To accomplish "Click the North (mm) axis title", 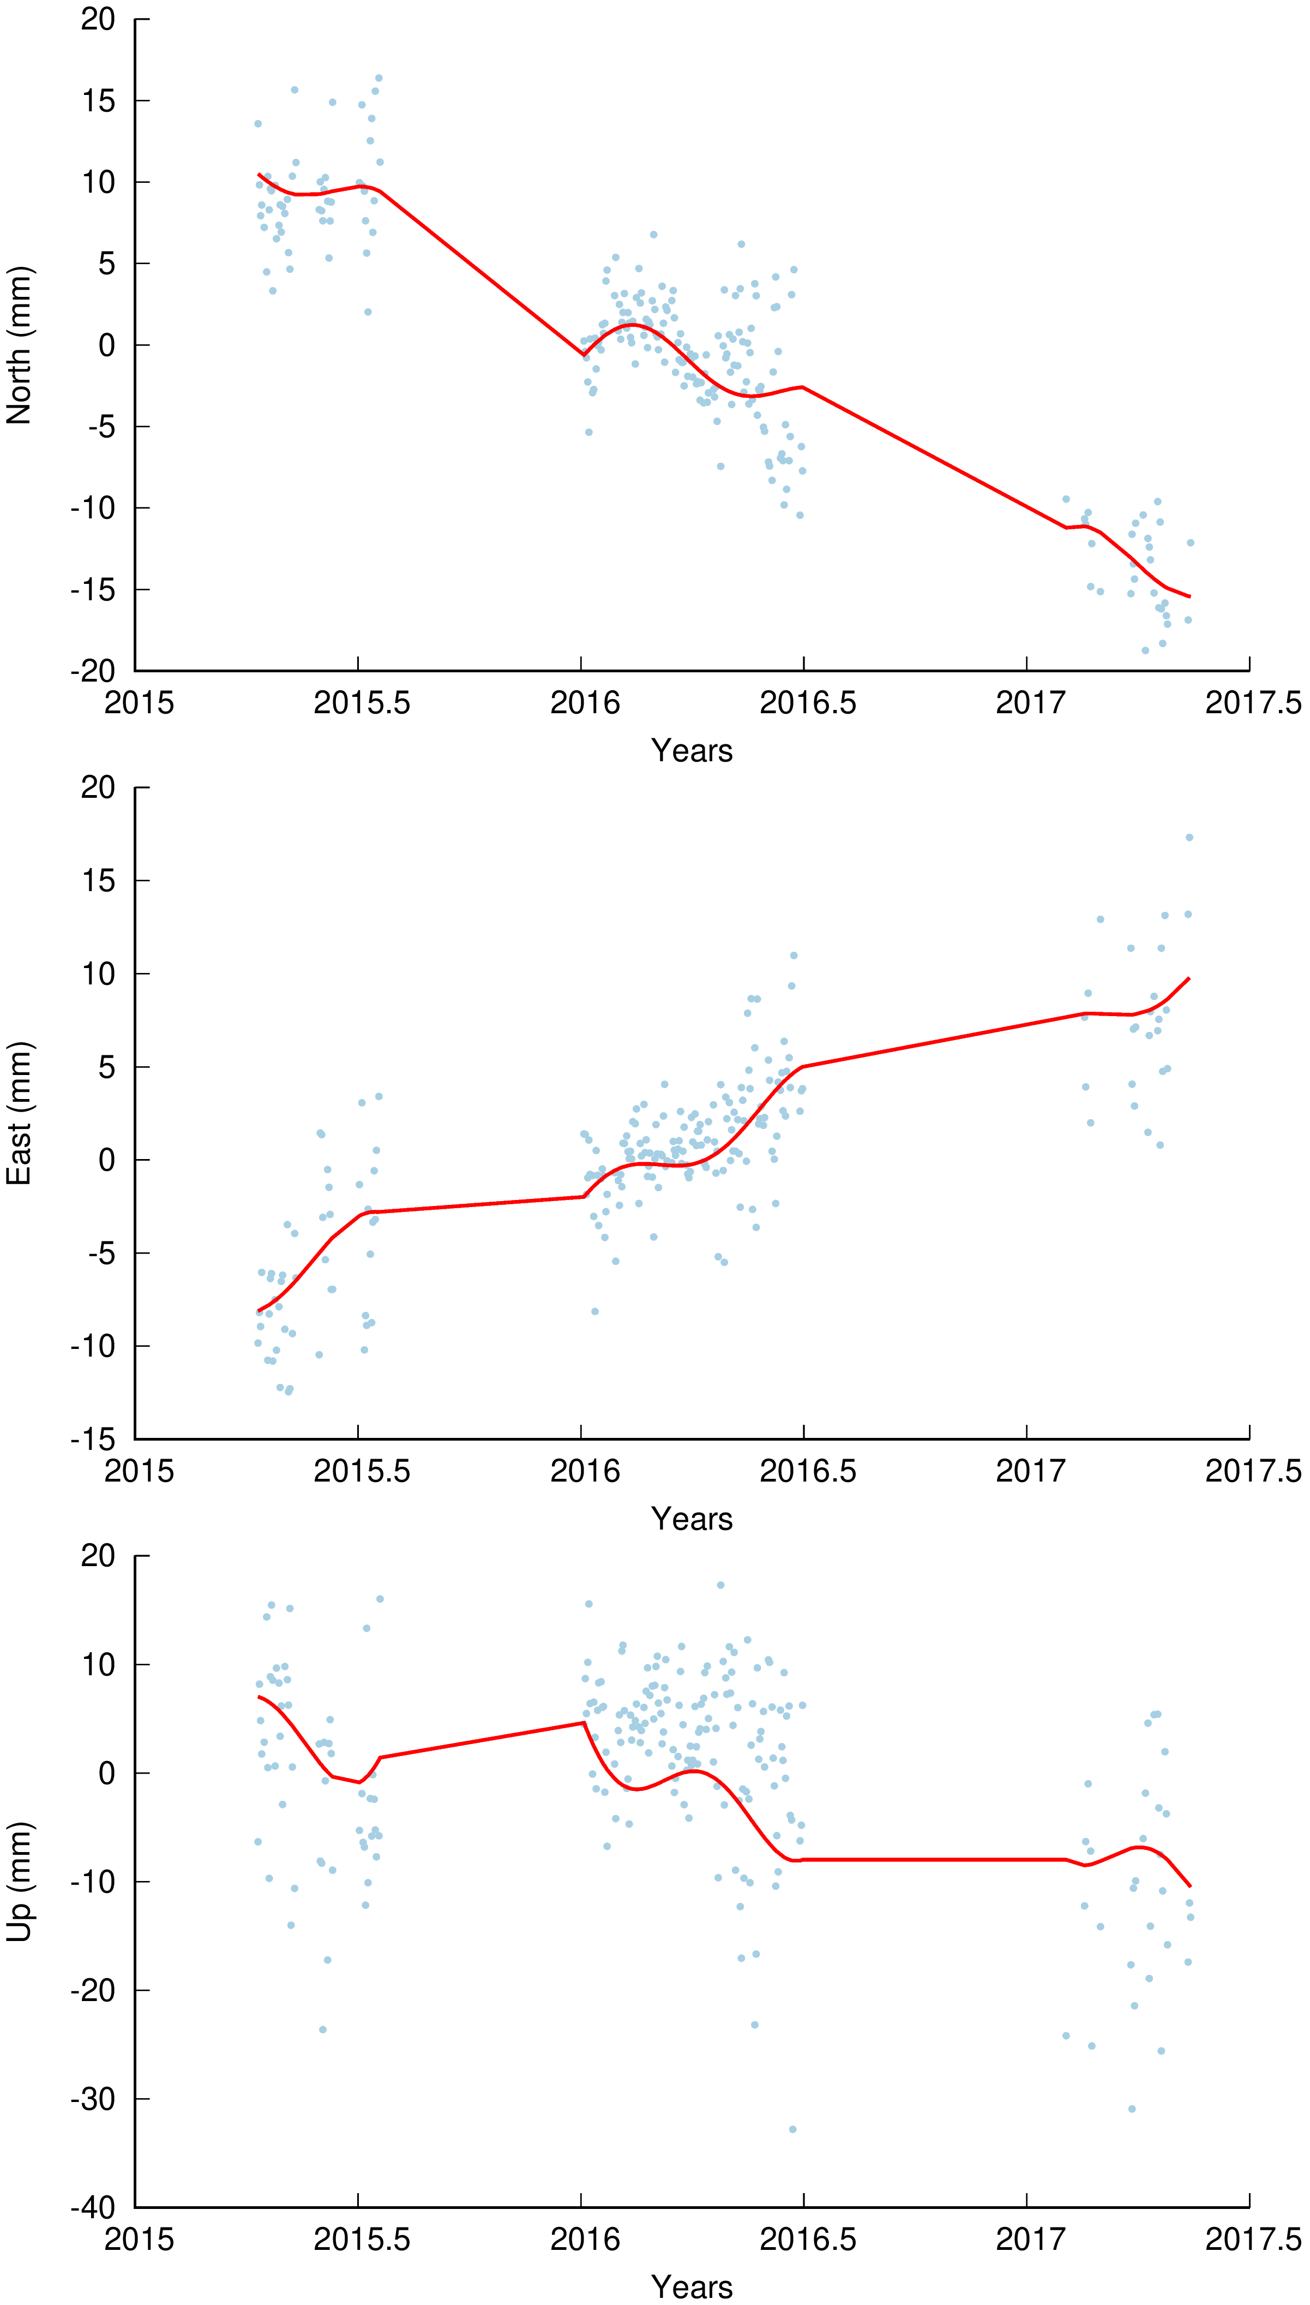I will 20,345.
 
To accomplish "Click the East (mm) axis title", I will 20,1113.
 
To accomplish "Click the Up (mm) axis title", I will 20,1881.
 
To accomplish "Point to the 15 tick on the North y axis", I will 99,101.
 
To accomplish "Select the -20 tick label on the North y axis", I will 94,671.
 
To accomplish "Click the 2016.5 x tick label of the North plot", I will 807,703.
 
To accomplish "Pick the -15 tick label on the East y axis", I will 94,1439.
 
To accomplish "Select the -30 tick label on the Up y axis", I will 94,2099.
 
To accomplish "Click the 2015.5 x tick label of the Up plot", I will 361,2240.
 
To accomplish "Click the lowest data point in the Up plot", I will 792,2129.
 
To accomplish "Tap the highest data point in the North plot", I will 379,78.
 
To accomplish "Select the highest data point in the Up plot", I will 720,1585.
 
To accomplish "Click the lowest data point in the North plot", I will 1145,650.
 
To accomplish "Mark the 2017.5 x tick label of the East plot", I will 1252,1472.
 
